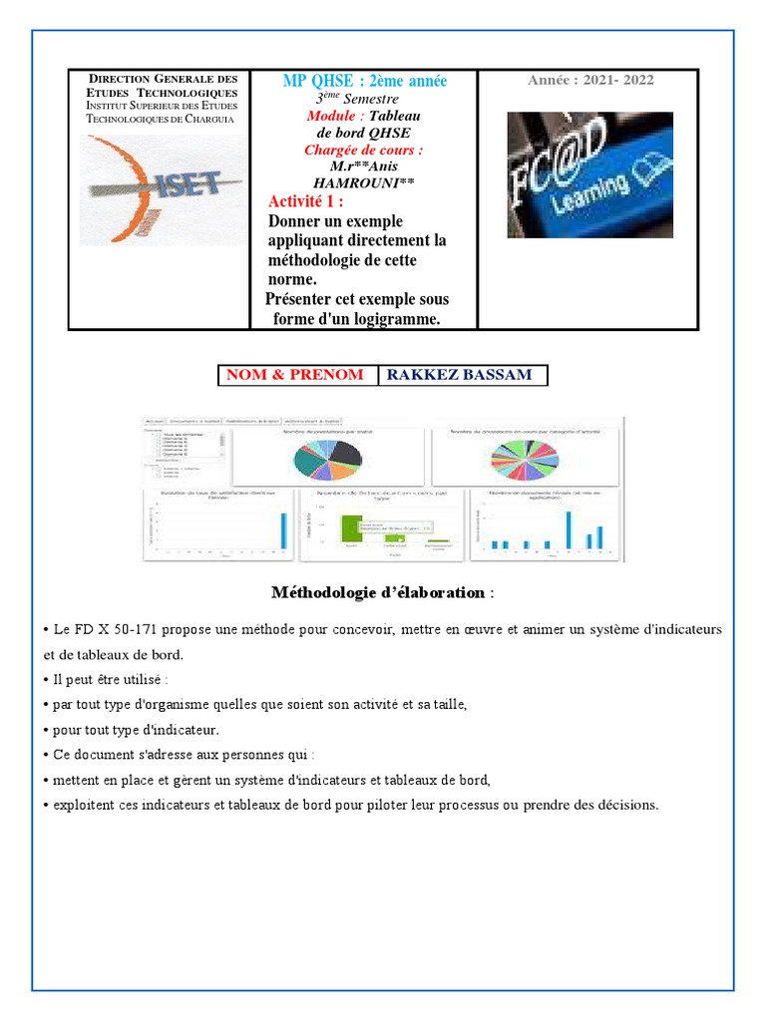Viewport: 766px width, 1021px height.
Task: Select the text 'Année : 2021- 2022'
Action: [590, 80]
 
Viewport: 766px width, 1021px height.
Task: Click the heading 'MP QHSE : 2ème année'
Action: [365, 81]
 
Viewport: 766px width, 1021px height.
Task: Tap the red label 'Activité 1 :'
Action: [307, 202]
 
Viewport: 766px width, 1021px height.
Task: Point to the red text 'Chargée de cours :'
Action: [363, 150]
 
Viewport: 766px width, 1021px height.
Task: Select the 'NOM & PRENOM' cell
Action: [296, 375]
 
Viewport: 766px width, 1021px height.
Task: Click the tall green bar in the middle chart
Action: [349, 528]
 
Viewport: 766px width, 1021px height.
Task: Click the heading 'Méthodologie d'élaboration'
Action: [378, 592]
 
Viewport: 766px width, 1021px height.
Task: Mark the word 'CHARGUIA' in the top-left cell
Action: [205, 119]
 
